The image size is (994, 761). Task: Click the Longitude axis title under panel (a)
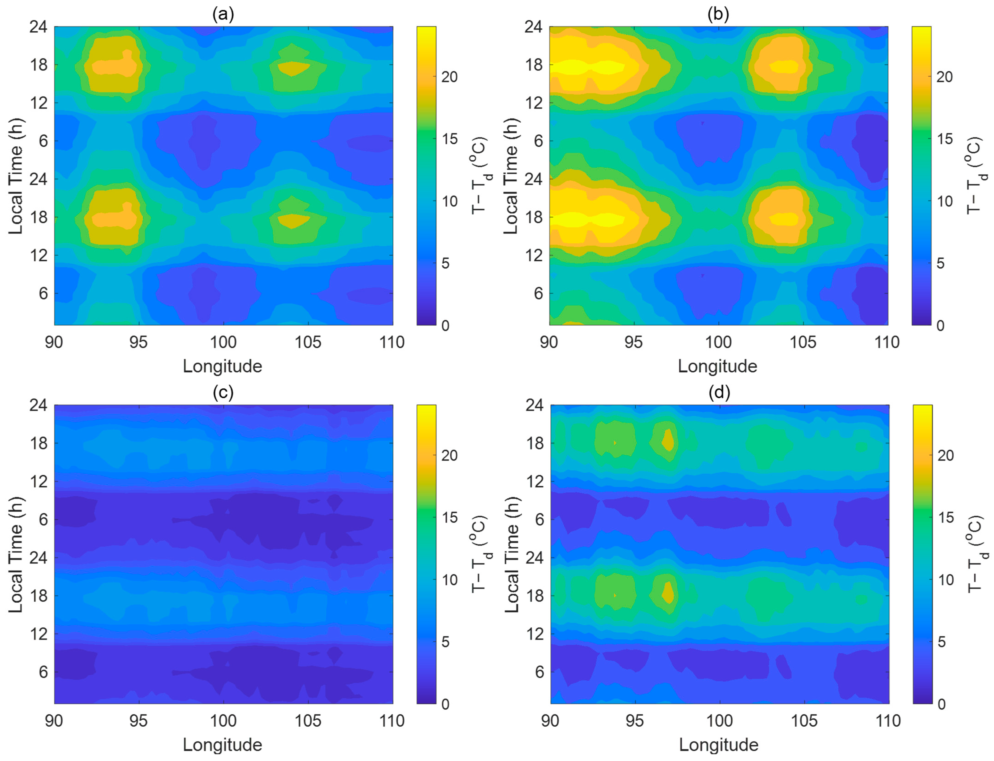pyautogui.click(x=222, y=366)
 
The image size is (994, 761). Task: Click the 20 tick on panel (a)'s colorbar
pyautogui.click(x=449, y=77)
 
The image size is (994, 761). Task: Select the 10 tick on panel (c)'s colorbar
pyautogui.click(x=449, y=580)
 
